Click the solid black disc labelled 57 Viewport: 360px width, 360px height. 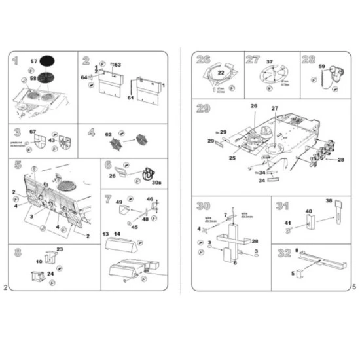(47, 61)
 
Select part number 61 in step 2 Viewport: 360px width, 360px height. (130, 98)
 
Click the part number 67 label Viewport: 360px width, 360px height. (32, 132)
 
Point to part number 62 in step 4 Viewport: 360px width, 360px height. (109, 134)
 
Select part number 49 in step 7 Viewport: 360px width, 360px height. (119, 202)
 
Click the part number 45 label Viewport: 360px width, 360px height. (134, 227)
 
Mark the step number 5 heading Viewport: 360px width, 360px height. (18, 166)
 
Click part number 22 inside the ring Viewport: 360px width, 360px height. (221, 73)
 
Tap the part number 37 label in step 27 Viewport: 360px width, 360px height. (269, 62)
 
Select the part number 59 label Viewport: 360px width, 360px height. (321, 65)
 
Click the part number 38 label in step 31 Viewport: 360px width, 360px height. (329, 201)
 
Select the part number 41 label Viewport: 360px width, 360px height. (287, 223)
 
